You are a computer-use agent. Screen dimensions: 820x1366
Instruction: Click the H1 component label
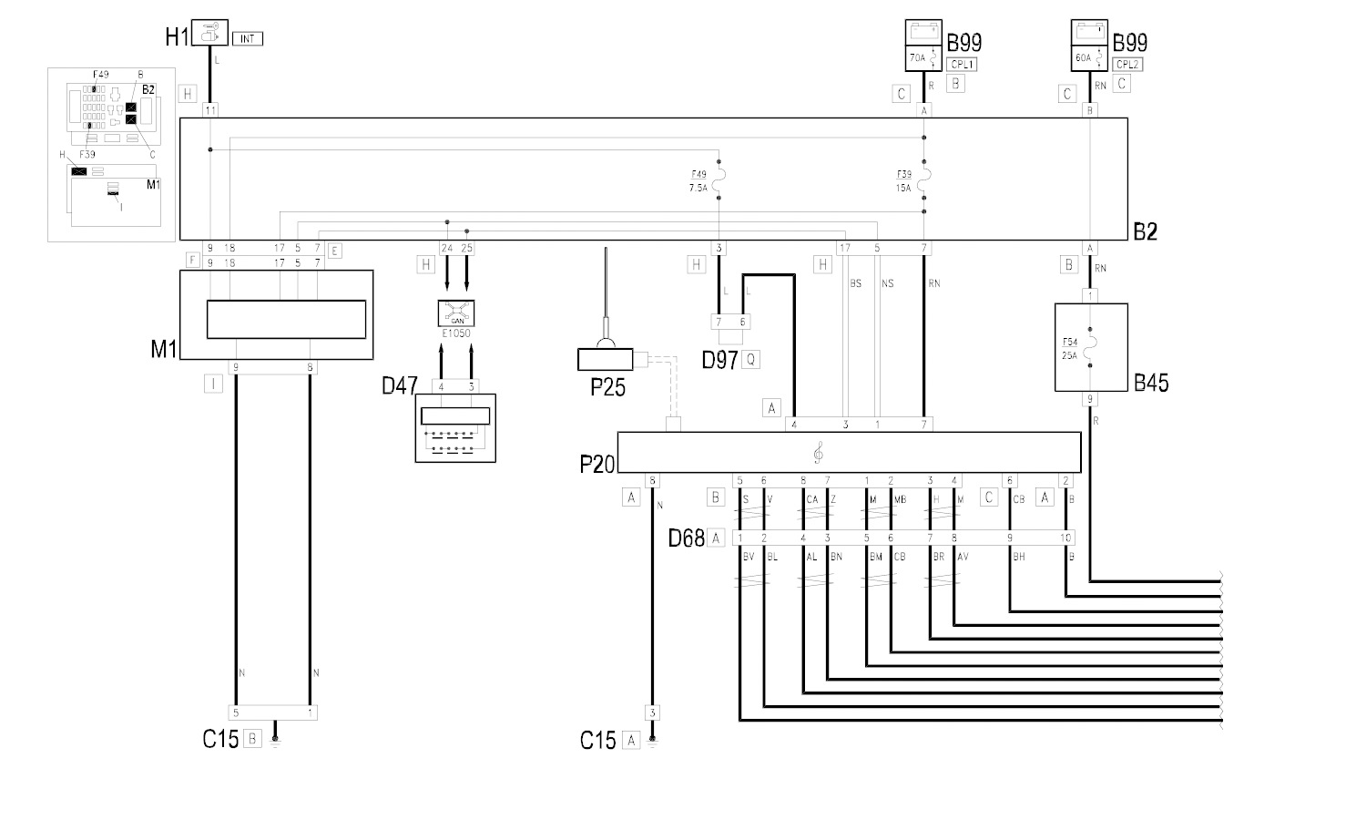(x=176, y=37)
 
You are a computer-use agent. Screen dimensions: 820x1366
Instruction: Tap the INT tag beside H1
(x=247, y=39)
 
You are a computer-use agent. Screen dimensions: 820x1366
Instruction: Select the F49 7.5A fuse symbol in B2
(x=719, y=181)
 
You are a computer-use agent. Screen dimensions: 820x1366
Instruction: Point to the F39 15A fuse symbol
(x=923, y=181)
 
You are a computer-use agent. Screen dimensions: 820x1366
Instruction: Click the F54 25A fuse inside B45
(x=1091, y=348)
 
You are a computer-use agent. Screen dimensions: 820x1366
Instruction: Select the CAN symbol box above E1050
(x=456, y=314)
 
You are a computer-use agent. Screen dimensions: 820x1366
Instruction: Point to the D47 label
(x=399, y=386)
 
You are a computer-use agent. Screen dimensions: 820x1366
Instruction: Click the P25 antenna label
(x=607, y=388)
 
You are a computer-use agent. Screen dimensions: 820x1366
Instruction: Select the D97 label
(x=719, y=360)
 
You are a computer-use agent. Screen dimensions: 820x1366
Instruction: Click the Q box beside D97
(x=750, y=360)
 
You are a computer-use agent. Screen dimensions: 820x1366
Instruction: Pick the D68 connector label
(x=687, y=538)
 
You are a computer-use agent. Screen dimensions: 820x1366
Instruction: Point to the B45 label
(x=1151, y=383)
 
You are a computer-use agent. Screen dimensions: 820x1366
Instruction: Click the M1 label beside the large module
(x=164, y=348)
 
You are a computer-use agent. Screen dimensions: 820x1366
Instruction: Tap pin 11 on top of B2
(x=210, y=110)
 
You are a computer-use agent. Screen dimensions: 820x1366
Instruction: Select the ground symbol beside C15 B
(x=275, y=740)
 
